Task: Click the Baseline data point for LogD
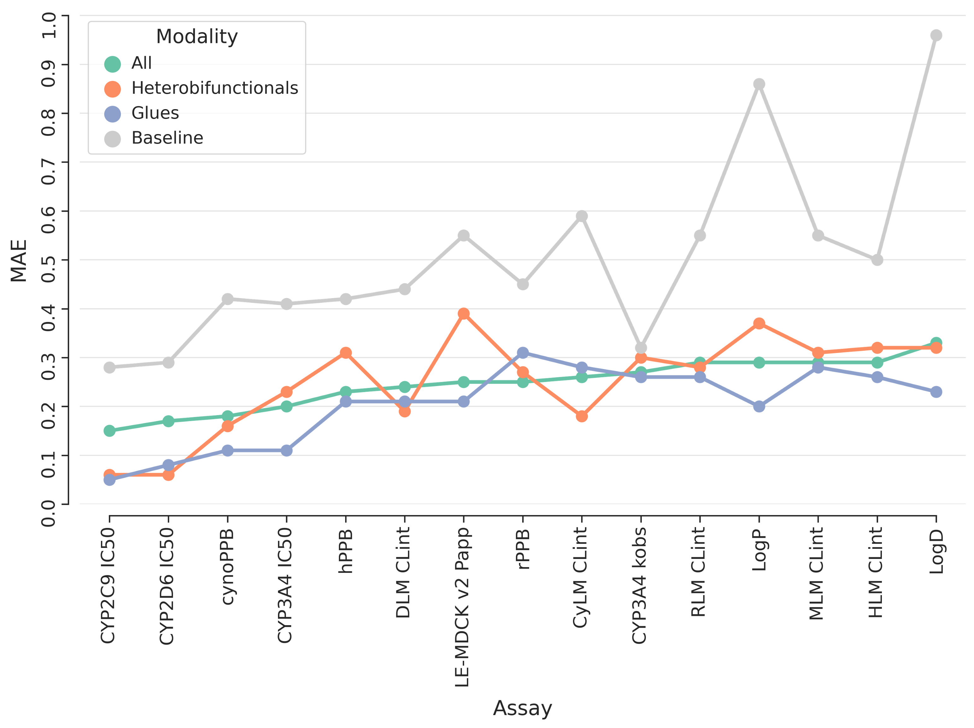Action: [936, 35]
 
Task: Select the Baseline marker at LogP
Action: [759, 84]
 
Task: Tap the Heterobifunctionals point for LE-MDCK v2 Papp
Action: [464, 314]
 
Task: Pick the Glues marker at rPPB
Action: [523, 353]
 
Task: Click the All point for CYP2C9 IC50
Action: [109, 431]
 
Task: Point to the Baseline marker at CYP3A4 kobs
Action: [641, 348]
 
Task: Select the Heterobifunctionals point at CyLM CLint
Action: [582, 416]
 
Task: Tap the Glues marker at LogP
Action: [759, 406]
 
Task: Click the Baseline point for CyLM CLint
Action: [582, 216]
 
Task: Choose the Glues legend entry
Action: [155, 113]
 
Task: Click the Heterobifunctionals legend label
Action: [215, 88]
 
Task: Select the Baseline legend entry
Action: [167, 138]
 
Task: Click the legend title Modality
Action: [197, 37]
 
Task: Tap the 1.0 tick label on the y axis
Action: [48, 25]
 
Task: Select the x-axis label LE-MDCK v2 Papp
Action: [462, 608]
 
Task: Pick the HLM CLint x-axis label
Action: [876, 572]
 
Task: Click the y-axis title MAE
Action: [19, 261]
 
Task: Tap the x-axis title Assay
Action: [522, 708]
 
